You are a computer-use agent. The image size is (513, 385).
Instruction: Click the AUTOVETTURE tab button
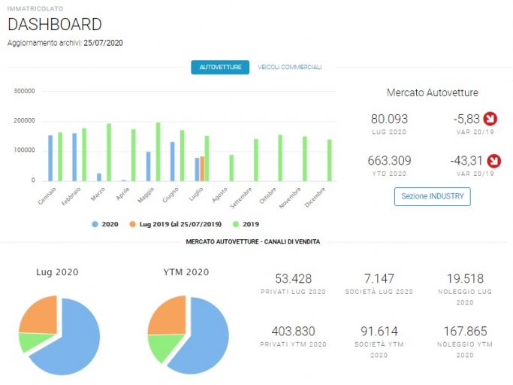[220, 67]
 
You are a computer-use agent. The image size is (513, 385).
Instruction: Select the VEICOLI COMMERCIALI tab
[289, 67]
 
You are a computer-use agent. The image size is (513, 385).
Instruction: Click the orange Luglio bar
[202, 168]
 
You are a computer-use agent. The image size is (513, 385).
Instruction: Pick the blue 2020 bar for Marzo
[99, 177]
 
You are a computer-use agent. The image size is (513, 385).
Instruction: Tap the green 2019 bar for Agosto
[231, 168]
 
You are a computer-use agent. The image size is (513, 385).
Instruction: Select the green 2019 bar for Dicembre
[330, 160]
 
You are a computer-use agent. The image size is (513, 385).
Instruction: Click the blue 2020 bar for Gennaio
[50, 158]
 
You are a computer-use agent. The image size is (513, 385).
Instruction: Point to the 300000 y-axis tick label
[24, 91]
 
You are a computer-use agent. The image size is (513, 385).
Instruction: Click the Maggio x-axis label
[146, 196]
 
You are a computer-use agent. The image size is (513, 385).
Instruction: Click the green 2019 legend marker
[236, 224]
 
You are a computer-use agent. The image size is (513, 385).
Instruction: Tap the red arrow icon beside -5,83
[490, 119]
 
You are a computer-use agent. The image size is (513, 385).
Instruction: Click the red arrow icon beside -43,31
[493, 161]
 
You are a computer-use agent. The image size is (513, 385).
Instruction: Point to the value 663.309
[389, 161]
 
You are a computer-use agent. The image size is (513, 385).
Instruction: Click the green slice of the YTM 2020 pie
[164, 347]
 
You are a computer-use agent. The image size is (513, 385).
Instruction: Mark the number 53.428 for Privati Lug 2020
[294, 278]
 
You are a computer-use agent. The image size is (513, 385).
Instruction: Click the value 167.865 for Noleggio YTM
[465, 332]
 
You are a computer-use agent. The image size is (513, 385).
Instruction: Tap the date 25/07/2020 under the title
[103, 43]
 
